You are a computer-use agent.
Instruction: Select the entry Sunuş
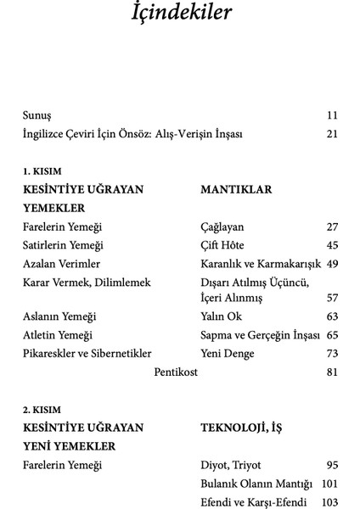[38, 115]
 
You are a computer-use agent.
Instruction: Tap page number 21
[331, 134]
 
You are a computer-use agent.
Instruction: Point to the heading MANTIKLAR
[236, 190]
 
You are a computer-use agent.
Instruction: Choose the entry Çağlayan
[222, 227]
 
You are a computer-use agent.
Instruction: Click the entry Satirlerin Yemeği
[63, 245]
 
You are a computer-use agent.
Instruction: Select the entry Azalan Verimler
[61, 264]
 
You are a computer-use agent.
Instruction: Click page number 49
[332, 264]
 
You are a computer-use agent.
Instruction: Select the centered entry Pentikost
[179, 372]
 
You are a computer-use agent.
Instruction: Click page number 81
[332, 372]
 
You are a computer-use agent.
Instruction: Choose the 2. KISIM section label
[42, 410]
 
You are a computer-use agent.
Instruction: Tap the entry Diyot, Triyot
[231, 465]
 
